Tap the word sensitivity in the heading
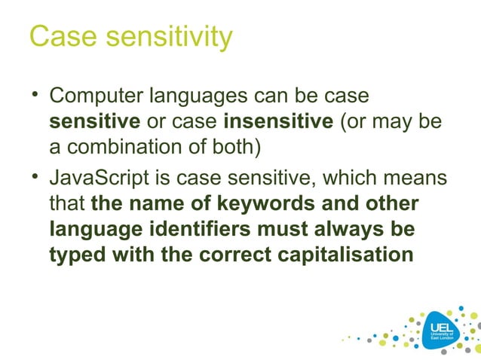coord(166,37)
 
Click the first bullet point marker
coord(34,96)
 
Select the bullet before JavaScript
coord(34,178)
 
